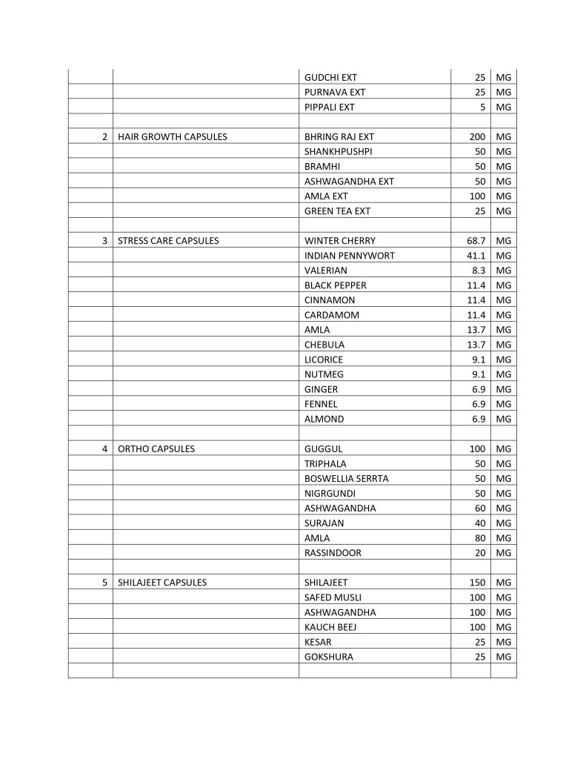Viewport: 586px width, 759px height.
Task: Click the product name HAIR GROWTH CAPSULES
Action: tap(172, 137)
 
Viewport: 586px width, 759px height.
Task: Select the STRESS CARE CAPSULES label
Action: tap(168, 241)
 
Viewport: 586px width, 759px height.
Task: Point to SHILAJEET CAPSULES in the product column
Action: tap(162, 583)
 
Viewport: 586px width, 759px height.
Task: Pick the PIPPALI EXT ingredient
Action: tap(329, 107)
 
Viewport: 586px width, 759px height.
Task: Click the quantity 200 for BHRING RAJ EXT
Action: tap(477, 137)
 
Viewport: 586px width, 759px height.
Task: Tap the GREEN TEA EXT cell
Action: tap(337, 211)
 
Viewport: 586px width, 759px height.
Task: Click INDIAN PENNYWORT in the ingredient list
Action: tap(349, 256)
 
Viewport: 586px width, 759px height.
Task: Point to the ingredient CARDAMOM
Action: tap(331, 315)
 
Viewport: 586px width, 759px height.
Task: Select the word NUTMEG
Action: tap(324, 374)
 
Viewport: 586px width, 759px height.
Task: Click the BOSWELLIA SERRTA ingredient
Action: tap(346, 479)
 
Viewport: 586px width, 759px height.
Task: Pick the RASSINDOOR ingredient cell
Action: tap(333, 553)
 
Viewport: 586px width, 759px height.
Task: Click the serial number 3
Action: tap(105, 241)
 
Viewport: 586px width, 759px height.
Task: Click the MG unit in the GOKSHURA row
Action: tap(505, 657)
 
